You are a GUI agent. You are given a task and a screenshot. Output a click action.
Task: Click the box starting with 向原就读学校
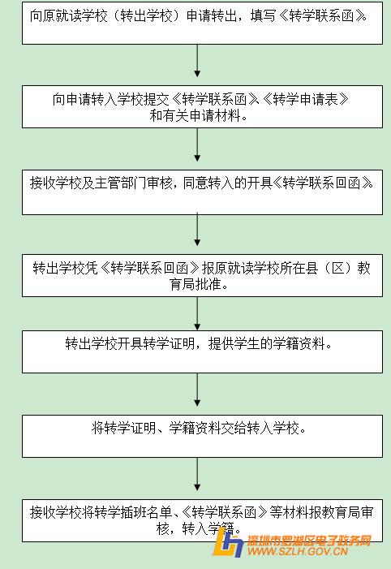[x=202, y=23]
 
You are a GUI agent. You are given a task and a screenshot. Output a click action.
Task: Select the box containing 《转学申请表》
[x=202, y=106]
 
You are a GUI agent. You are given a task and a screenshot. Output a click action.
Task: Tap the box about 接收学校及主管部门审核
[x=202, y=192]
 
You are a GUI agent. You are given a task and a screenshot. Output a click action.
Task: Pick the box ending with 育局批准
[x=202, y=275]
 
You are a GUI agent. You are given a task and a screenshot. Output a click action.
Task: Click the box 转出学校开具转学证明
[x=202, y=351]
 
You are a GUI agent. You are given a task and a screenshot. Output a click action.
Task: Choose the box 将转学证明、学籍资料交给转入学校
[x=202, y=436]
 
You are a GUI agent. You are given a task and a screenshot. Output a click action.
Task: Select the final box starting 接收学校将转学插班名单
[x=202, y=521]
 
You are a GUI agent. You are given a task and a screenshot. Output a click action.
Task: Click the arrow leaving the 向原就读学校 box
[x=197, y=61]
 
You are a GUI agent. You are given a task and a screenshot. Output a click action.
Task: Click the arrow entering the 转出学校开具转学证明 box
[x=197, y=313]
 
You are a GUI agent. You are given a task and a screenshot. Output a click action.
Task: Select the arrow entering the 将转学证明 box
[x=197, y=390]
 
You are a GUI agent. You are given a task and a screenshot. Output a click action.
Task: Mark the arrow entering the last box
[x=197, y=474]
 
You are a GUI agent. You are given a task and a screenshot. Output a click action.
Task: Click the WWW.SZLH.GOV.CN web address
[x=298, y=552]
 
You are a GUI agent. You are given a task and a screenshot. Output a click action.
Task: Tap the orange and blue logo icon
[x=227, y=542]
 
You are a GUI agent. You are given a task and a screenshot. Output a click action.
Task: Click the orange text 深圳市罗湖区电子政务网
[x=309, y=541]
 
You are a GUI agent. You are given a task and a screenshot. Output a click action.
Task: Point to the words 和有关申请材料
[x=195, y=116]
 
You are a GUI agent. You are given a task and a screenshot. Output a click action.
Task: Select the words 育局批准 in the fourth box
[x=195, y=284]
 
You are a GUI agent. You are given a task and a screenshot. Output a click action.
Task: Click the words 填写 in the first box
[x=263, y=16]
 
